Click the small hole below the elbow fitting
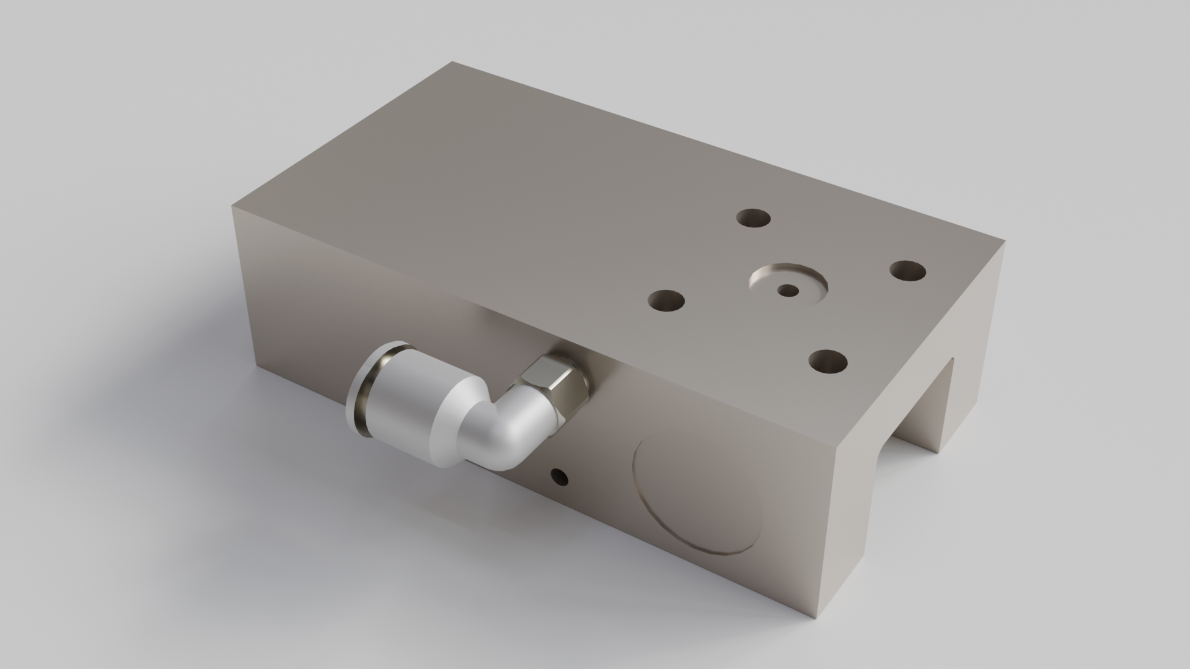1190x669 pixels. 560,477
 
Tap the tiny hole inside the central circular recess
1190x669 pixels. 788,290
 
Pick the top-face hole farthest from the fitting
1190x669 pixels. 753,219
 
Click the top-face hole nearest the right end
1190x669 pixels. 908,271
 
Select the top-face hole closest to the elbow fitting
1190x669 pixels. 666,301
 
